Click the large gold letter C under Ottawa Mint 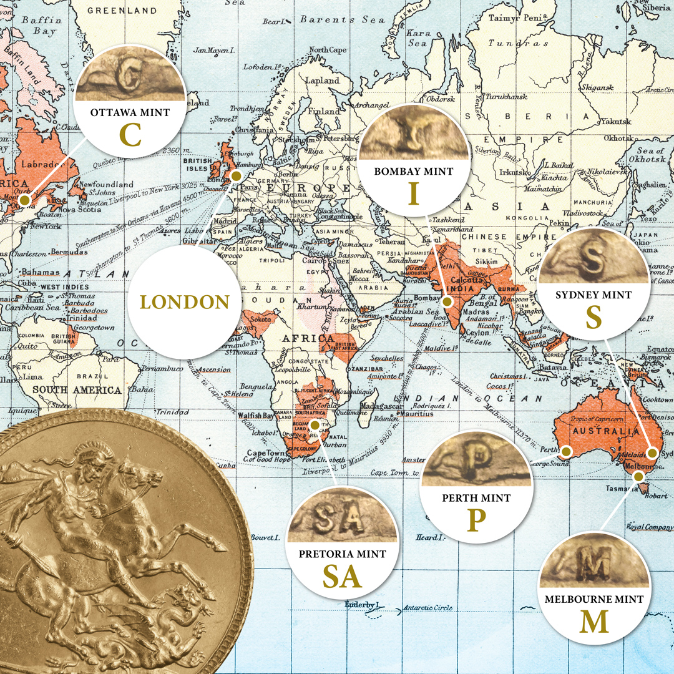click(131, 135)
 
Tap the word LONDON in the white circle click(185, 302)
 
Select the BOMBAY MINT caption click(413, 171)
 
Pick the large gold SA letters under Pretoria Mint click(342, 577)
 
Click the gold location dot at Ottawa click(24, 200)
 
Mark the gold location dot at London click(237, 176)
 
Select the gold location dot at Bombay click(447, 302)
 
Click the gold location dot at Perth click(566, 451)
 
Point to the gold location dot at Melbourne click(638, 477)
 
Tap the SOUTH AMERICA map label click(77, 390)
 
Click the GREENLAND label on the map click(122, 11)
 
